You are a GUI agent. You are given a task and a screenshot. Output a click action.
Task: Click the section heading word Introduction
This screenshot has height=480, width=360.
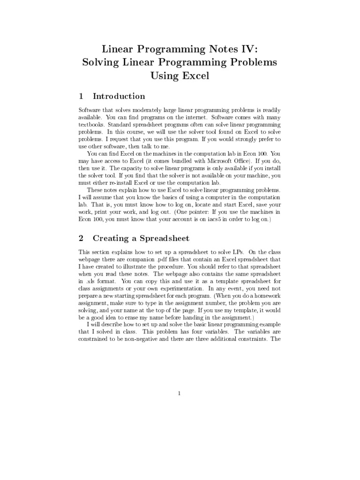119,96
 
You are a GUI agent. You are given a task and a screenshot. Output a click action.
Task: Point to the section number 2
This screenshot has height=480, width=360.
81,238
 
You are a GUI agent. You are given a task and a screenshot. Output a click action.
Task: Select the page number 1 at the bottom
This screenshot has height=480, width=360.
180,393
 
